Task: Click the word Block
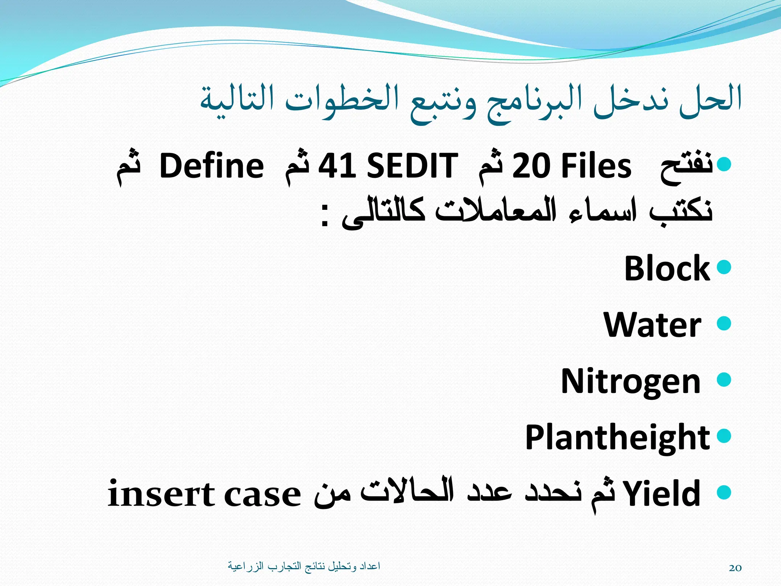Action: coord(667,268)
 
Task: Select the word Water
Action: coord(652,325)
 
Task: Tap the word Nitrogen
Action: coord(630,381)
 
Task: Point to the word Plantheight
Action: coord(617,437)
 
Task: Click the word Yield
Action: coord(662,494)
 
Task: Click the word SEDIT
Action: coord(412,166)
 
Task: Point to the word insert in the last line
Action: coord(161,494)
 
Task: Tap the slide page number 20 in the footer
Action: coord(735,568)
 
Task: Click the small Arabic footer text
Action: coord(304,566)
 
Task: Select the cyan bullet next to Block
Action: coord(724,267)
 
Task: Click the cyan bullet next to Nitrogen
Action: coord(724,380)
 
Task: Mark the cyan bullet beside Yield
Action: coord(724,492)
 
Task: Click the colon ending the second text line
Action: coord(325,216)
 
